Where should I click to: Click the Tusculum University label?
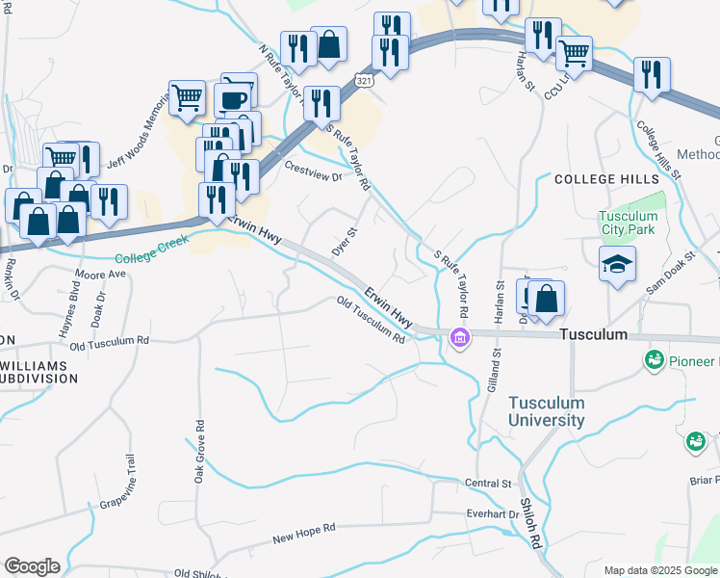(x=546, y=411)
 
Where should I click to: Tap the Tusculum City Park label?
(x=629, y=223)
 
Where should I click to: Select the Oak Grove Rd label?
(x=199, y=451)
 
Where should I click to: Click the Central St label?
(x=486, y=483)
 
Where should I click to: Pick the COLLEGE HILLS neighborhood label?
(x=606, y=179)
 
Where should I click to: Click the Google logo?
(x=32, y=566)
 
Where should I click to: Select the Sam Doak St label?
(x=671, y=271)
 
